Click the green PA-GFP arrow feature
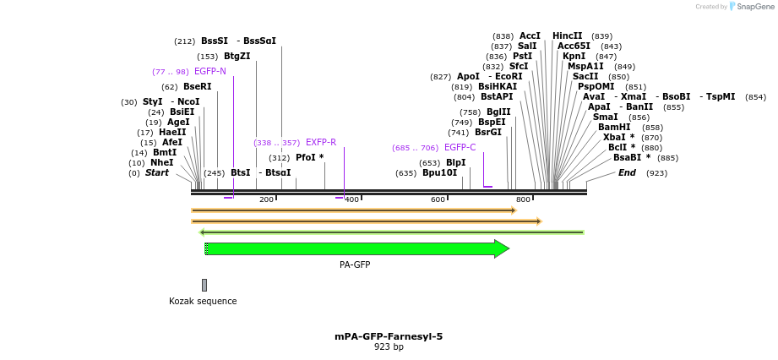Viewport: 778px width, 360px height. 355,248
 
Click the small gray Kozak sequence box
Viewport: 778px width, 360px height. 204,286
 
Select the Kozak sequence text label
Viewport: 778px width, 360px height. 203,302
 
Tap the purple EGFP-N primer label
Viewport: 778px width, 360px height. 210,72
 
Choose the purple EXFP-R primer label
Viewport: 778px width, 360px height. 320,143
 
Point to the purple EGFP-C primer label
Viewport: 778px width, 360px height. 460,148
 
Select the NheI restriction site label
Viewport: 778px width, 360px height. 161,163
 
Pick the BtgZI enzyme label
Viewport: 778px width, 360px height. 237,57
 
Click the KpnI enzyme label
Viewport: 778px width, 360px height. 574,57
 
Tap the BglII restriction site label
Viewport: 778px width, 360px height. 498,112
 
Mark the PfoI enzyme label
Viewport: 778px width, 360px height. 309,158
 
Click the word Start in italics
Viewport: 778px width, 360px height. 157,173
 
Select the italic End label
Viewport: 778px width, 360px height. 627,173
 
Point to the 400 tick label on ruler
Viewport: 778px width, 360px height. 351,199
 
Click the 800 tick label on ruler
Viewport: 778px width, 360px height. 523,199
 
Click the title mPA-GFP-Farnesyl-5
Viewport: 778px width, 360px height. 389,336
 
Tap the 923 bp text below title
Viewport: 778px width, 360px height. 389,347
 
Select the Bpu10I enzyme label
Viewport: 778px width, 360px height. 439,173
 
